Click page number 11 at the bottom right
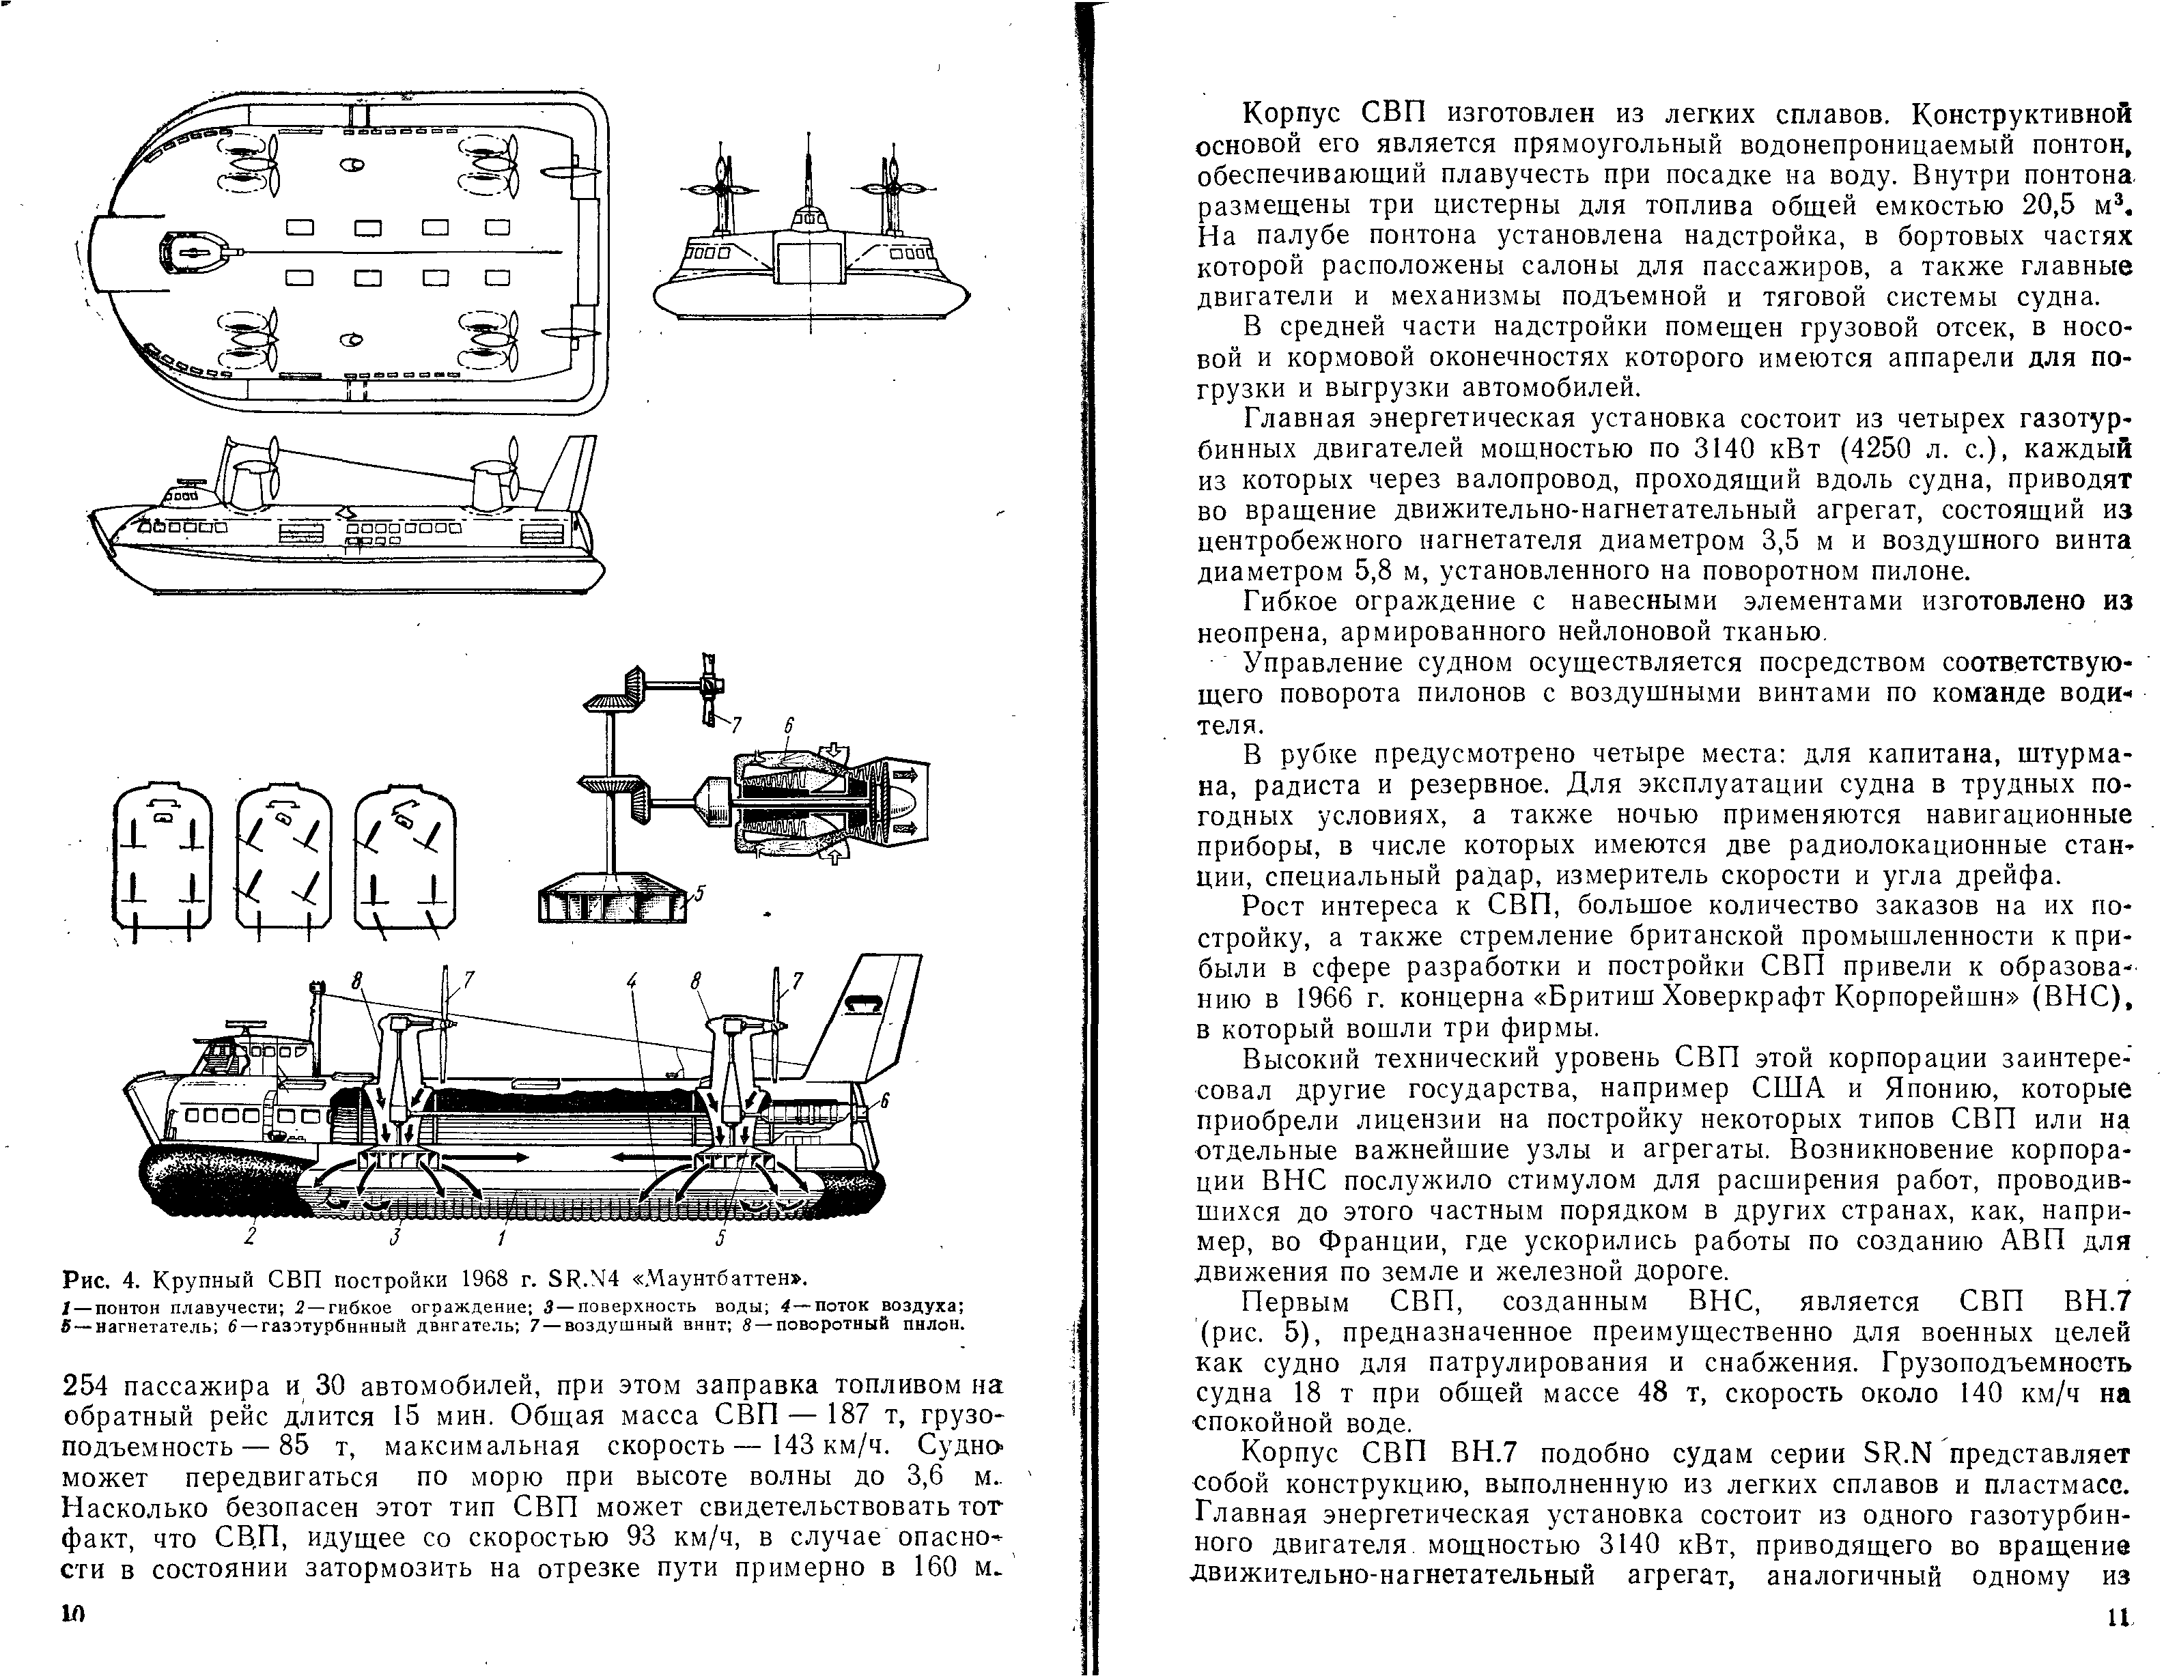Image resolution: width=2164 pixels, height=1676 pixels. coord(2118,1645)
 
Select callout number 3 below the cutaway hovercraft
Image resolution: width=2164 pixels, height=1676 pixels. coord(395,1237)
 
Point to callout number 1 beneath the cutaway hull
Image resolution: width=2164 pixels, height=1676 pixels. coord(503,1237)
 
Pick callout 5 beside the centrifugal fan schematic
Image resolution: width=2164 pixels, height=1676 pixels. coord(699,894)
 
